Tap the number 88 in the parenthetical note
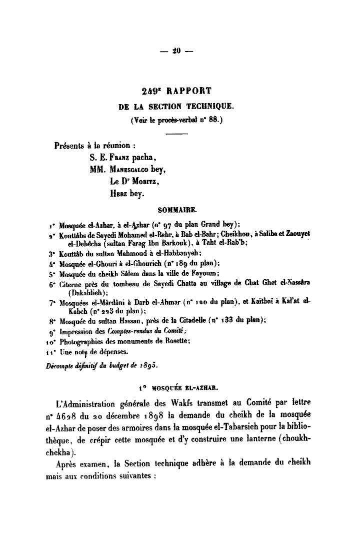[213, 121]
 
